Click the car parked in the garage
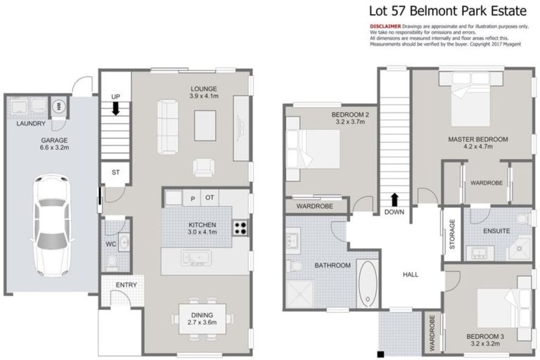tap(52, 225)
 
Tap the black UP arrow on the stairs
tap(116, 109)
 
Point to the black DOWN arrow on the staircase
tap(394, 200)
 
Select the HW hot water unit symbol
tap(59, 106)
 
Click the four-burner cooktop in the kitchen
tap(240, 228)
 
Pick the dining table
tap(202, 319)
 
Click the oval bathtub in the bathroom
tap(368, 283)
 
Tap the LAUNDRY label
tap(31, 123)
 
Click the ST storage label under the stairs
tap(116, 172)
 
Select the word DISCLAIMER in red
tap(385, 26)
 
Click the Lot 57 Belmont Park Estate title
tap(448, 11)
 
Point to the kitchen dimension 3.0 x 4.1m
tap(202, 232)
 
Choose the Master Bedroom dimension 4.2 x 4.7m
tap(478, 146)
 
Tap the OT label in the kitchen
tap(210, 198)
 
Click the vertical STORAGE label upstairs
tap(452, 234)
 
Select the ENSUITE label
tap(496, 231)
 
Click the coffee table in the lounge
tap(205, 125)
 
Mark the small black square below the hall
tap(380, 354)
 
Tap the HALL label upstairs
tap(411, 274)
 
